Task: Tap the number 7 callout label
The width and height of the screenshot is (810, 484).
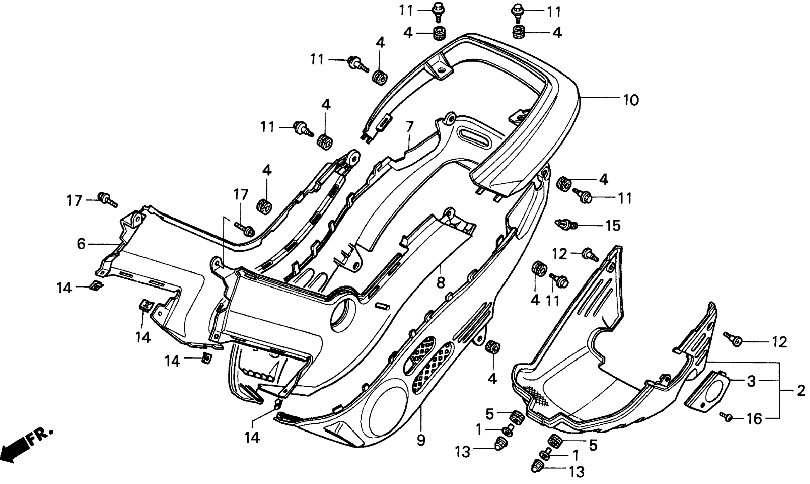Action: point(410,127)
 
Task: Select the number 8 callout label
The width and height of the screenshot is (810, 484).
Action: point(441,283)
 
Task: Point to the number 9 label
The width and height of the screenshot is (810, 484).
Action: point(421,441)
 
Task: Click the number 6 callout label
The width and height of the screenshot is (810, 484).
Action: point(81,244)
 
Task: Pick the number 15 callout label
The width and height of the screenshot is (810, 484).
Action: point(613,225)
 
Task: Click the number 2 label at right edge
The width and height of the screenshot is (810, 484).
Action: point(801,391)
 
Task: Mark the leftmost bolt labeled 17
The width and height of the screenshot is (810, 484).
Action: point(106,199)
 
